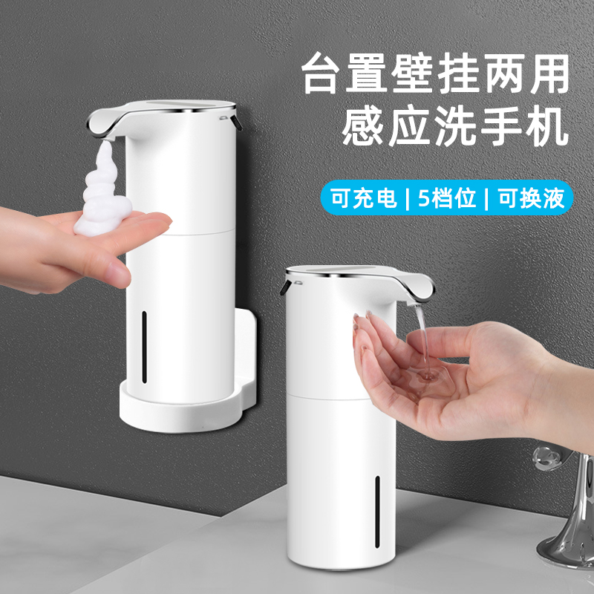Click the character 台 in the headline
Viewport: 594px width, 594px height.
click(326, 72)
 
